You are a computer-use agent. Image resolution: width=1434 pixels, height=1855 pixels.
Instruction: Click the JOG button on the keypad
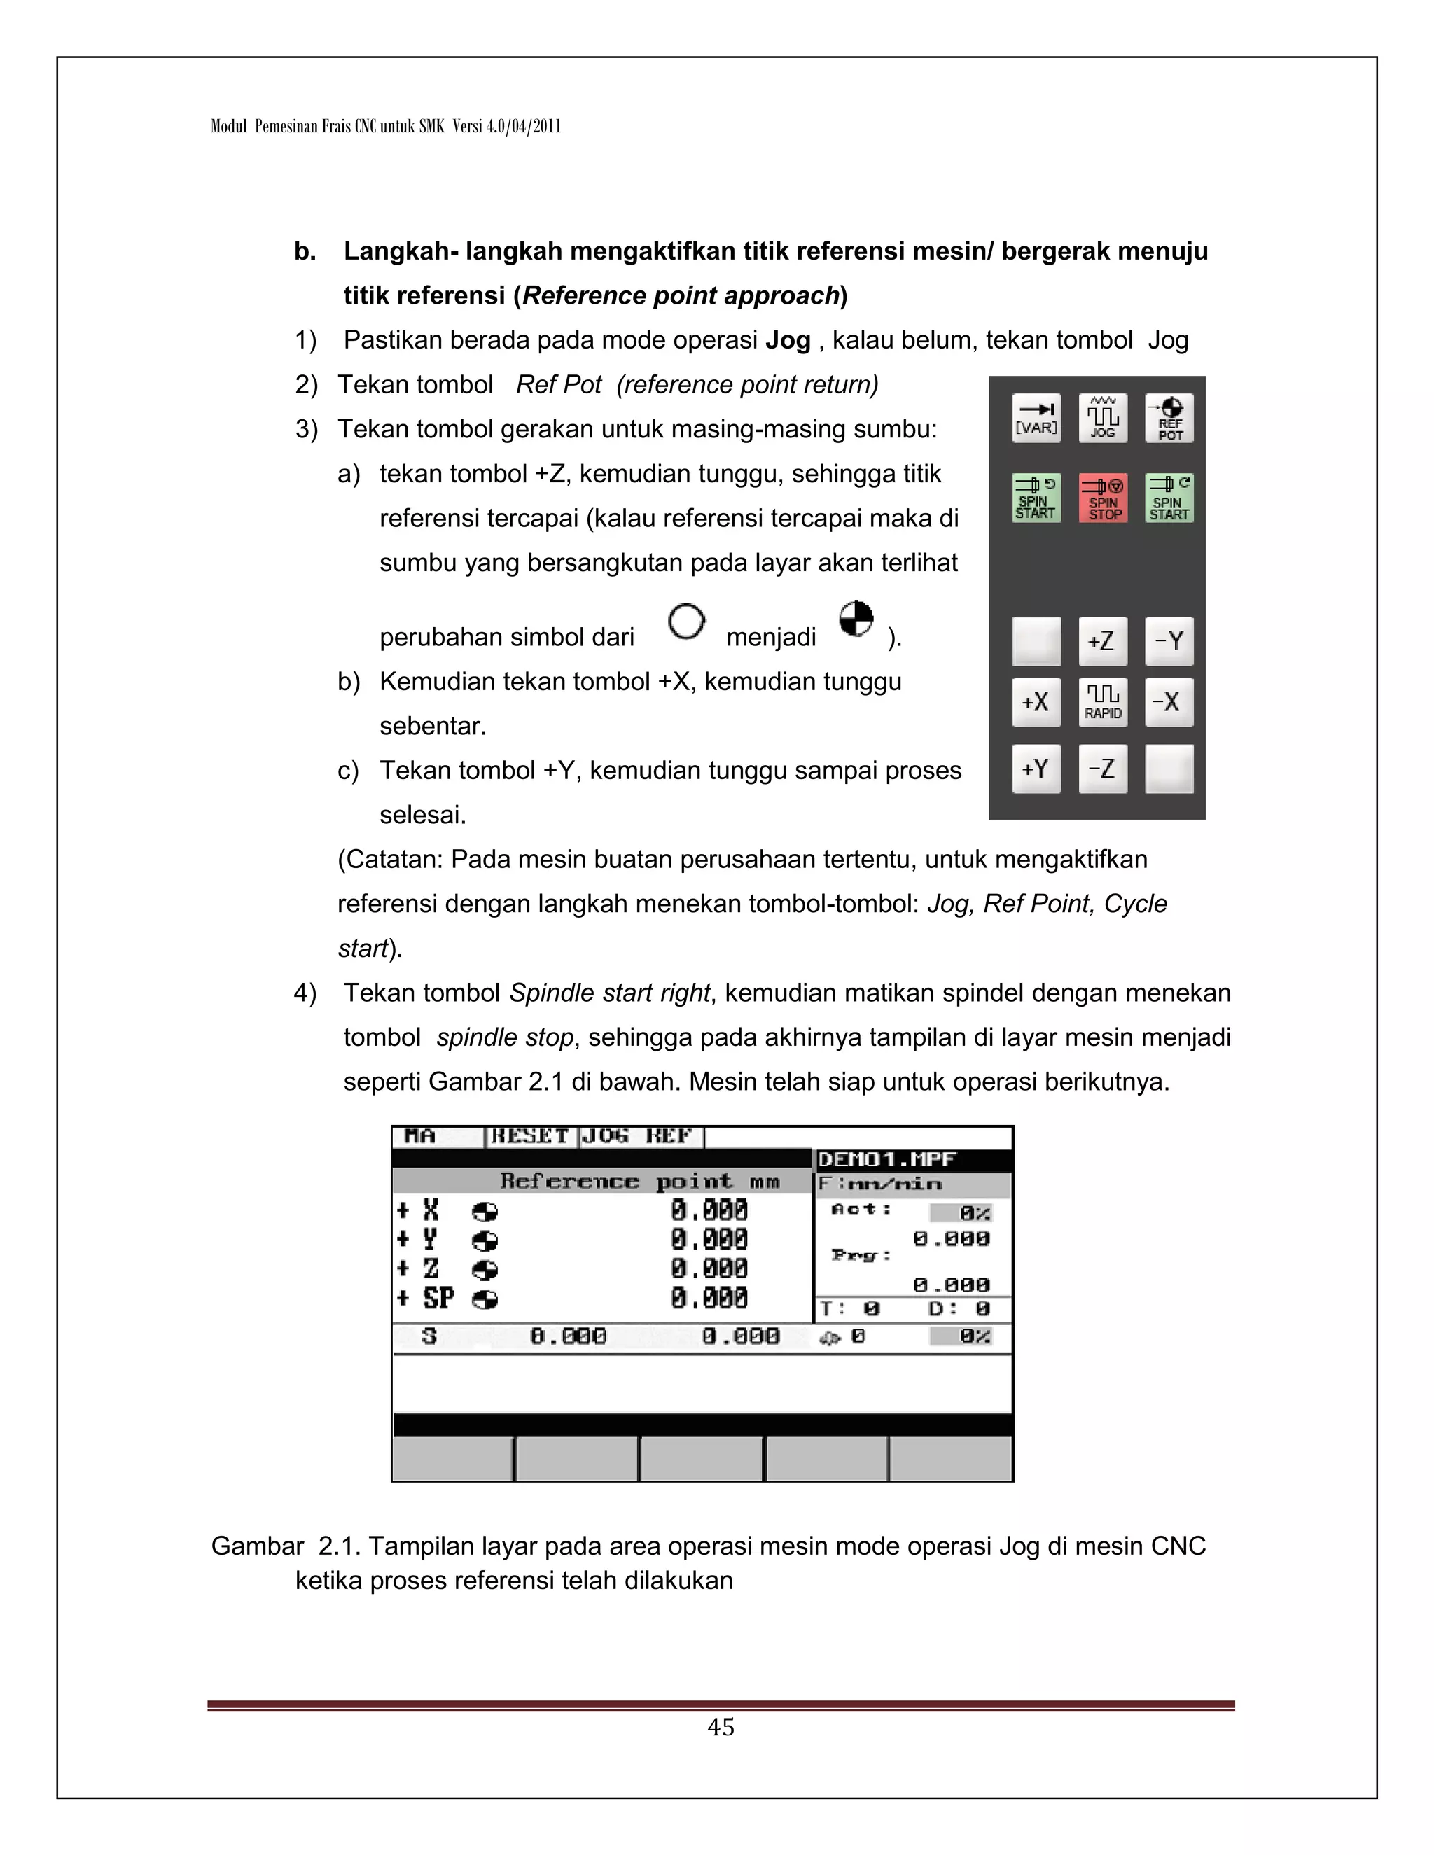point(1103,418)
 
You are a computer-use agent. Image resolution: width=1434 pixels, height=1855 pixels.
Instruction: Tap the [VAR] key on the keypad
point(1036,418)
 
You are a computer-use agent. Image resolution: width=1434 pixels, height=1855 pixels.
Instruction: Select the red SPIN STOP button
point(1103,498)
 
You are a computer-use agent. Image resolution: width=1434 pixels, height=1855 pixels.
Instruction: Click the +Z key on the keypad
point(1103,641)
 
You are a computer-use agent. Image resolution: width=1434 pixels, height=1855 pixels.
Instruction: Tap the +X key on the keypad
point(1036,702)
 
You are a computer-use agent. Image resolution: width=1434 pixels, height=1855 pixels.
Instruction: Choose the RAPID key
point(1103,702)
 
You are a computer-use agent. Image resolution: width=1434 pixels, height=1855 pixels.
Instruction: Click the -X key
point(1169,702)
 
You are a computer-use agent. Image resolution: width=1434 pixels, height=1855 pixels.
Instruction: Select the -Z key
point(1103,769)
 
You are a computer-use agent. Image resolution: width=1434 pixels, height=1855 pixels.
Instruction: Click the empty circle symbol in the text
point(686,622)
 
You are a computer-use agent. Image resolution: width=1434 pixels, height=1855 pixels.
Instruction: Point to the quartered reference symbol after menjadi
point(856,619)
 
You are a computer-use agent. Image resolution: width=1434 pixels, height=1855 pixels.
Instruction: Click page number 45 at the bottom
point(721,1727)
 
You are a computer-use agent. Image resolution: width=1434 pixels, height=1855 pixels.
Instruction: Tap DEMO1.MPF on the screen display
point(886,1159)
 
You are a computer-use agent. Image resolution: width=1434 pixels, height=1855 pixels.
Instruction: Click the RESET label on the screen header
point(530,1136)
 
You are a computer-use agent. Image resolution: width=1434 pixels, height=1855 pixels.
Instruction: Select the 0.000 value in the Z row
point(709,1269)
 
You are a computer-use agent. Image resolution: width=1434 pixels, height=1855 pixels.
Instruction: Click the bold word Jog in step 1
point(788,341)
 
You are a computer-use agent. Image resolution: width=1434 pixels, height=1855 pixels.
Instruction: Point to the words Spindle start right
point(609,993)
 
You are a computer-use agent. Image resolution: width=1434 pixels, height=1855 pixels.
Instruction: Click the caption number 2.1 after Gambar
point(339,1546)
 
